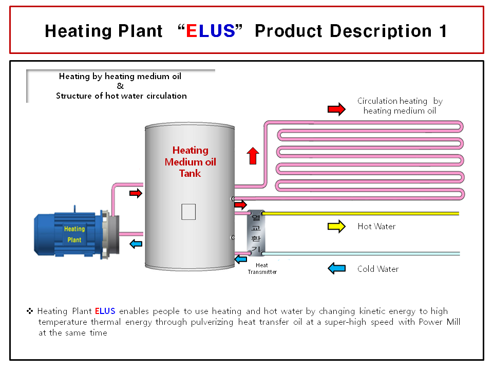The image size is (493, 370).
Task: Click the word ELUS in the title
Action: point(211,31)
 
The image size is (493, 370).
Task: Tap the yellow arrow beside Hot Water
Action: point(336,227)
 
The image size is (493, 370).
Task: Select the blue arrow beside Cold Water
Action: point(336,268)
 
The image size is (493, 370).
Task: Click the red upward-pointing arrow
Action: point(252,155)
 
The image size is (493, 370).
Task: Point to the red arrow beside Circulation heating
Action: point(336,109)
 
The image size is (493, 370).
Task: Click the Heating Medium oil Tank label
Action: point(190,161)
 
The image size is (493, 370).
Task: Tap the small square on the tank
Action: point(188,211)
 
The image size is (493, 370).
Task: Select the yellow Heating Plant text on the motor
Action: point(74,234)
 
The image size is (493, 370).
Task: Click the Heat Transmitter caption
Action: point(262,269)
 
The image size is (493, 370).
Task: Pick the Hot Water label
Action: point(376,227)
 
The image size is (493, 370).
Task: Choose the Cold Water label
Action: point(378,269)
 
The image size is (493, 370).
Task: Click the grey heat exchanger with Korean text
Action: point(256,232)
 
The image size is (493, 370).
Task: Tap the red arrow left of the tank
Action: point(136,193)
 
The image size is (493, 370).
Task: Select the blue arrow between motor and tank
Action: point(136,244)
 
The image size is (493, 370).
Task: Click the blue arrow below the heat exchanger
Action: point(240,260)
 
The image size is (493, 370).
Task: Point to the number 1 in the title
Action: point(443,31)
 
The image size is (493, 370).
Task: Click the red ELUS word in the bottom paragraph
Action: point(105,311)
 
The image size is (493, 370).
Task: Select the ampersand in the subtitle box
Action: point(120,86)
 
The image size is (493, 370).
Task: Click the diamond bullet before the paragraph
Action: point(30,311)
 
